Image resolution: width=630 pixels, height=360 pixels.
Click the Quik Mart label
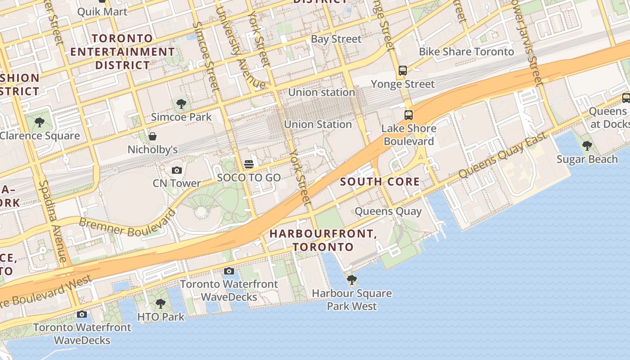click(x=103, y=11)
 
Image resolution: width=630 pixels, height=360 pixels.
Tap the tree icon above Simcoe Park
click(x=181, y=104)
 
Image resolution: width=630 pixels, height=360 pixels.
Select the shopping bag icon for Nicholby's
click(x=153, y=136)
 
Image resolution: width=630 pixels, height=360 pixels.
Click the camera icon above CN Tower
click(x=176, y=170)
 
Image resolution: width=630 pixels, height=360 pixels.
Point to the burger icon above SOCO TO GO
click(x=249, y=164)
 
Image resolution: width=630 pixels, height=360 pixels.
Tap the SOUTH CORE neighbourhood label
click(x=380, y=182)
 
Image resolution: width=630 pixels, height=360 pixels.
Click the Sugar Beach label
click(x=587, y=159)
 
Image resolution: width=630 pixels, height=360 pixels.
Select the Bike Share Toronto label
click(x=466, y=52)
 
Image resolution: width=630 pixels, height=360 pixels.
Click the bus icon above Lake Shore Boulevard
click(x=408, y=115)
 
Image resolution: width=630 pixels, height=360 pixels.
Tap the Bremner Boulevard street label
click(x=127, y=224)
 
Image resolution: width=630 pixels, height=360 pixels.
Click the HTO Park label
click(x=161, y=317)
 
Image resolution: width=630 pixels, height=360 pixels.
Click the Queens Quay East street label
click(x=503, y=155)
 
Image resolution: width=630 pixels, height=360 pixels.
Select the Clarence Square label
click(x=40, y=135)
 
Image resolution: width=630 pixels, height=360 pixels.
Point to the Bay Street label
click(x=336, y=39)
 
